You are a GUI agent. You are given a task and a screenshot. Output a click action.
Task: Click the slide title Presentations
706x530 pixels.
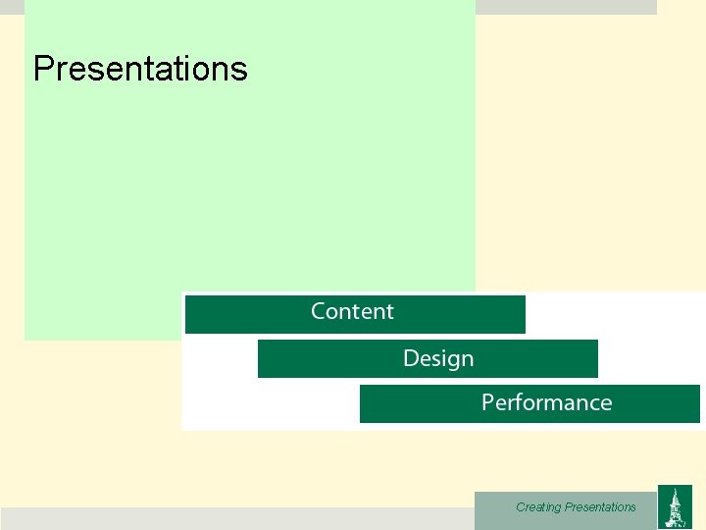tap(140, 69)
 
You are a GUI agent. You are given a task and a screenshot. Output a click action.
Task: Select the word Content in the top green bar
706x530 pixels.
tap(352, 312)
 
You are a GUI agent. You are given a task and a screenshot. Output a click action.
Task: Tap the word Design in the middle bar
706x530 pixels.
tap(438, 359)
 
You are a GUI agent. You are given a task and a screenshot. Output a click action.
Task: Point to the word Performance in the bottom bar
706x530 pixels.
tap(546, 403)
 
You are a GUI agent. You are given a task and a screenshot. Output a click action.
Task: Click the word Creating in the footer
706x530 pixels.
tap(538, 507)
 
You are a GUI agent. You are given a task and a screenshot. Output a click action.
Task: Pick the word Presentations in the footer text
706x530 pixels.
tap(600, 507)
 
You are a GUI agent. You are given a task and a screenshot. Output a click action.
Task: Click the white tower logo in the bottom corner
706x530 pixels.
tap(674, 507)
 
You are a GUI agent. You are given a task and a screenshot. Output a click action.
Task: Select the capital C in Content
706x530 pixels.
tap(319, 312)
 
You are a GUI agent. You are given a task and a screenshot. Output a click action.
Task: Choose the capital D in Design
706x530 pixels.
tap(411, 359)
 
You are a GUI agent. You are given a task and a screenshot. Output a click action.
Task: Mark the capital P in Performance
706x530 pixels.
tap(487, 403)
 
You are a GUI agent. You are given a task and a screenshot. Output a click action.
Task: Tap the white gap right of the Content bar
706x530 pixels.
tap(613, 314)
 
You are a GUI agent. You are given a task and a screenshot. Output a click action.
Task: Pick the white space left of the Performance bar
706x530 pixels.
tap(270, 404)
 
